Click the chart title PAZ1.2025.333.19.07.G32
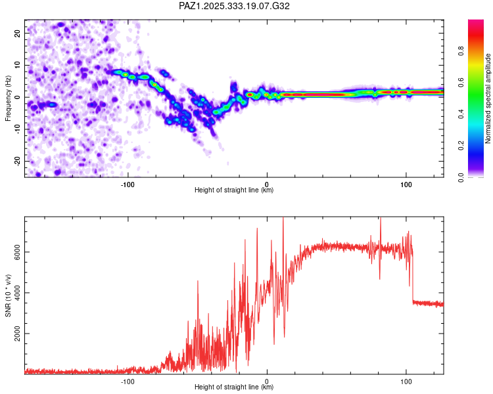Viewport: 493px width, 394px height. [235, 6]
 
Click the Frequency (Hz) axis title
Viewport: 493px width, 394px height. [8, 97]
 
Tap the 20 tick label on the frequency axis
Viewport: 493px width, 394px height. [18, 32]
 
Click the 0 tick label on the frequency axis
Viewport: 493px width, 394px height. [18, 97]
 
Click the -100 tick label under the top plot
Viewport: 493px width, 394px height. [128, 183]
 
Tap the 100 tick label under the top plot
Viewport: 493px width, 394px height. [406, 183]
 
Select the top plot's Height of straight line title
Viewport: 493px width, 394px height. [234, 190]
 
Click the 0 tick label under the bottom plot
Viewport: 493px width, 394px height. [267, 380]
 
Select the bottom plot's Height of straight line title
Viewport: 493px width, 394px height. [234, 387]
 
